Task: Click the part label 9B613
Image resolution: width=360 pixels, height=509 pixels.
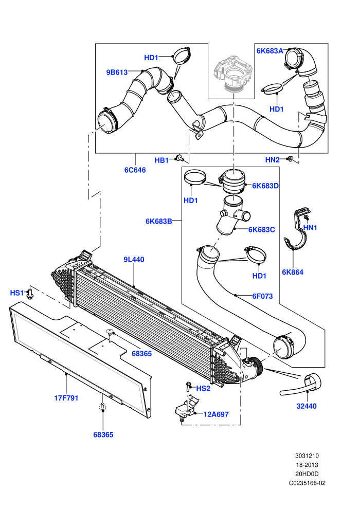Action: [x=117, y=72]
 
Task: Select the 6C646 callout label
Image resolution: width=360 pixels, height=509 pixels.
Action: [x=135, y=170]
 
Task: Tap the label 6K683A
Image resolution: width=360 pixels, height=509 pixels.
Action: [x=270, y=50]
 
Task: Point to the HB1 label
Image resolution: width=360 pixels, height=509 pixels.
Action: [x=161, y=160]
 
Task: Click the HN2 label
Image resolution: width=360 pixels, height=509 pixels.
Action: [x=273, y=160]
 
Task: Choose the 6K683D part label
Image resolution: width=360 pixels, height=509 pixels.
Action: [x=265, y=186]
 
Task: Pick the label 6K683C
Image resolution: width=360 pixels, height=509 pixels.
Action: [x=262, y=229]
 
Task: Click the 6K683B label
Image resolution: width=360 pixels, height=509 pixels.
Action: [x=159, y=222]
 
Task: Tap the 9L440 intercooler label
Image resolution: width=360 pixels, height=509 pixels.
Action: [x=134, y=259]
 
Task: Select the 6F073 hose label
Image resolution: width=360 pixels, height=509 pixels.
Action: [x=263, y=296]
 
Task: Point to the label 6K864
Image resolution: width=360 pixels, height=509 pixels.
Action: [x=293, y=272]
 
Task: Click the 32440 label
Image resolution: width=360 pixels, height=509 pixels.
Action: [x=307, y=406]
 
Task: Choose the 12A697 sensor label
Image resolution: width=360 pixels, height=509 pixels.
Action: [x=216, y=414]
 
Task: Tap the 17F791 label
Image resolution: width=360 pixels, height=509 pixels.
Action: [x=66, y=398]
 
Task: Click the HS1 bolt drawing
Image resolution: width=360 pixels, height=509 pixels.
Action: [x=30, y=293]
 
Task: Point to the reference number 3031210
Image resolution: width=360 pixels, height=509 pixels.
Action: [x=307, y=456]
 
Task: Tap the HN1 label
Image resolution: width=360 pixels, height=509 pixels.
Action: [x=310, y=228]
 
